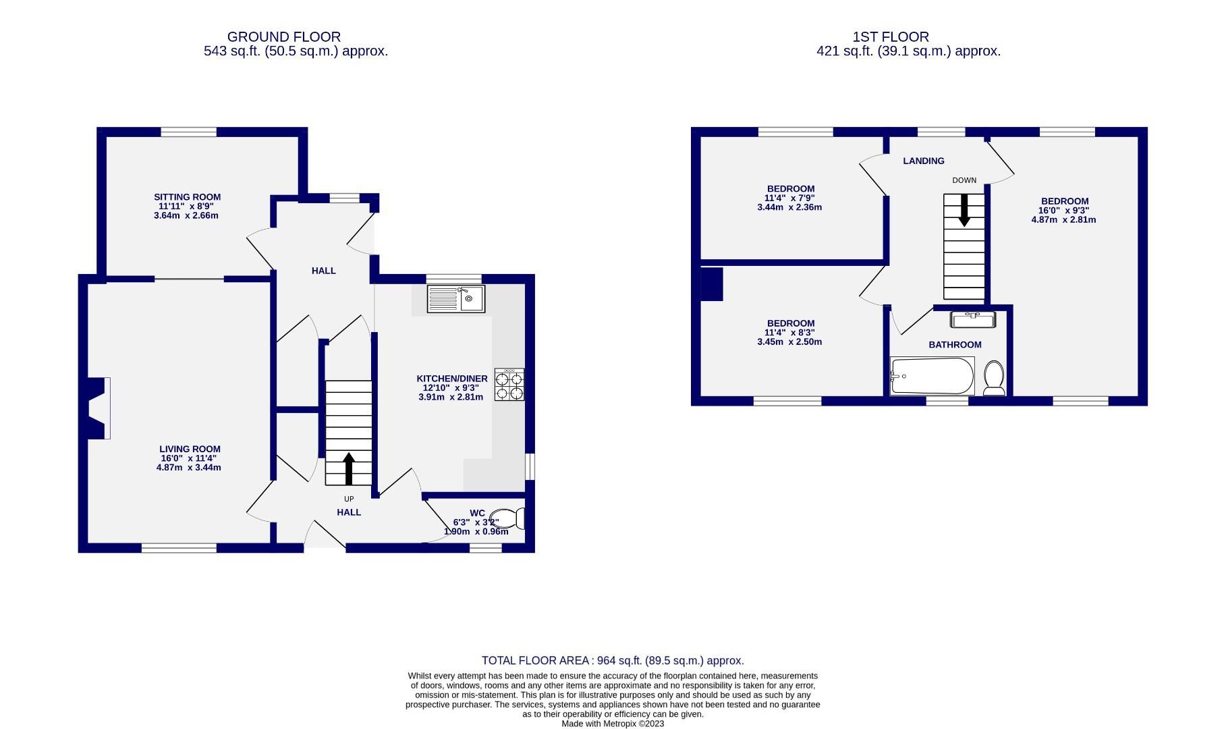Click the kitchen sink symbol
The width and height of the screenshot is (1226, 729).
pos(456,299)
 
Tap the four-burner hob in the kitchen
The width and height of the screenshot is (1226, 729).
pos(509,385)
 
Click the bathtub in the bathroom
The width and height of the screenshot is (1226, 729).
pos(932,376)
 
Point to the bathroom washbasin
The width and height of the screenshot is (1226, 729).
pos(972,319)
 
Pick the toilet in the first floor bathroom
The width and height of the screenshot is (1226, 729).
pos(994,378)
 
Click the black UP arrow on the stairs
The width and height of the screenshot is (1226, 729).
pos(349,468)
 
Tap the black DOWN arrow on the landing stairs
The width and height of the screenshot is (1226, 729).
pos(964,210)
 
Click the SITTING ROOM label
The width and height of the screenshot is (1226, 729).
pos(187,197)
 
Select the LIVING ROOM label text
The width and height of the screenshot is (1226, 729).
pos(190,449)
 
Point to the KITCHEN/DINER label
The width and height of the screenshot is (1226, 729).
pos(451,379)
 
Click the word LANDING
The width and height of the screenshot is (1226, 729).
pos(924,161)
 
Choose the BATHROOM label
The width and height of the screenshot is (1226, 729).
pos(955,345)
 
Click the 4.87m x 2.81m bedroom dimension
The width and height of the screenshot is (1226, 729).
pos(1063,219)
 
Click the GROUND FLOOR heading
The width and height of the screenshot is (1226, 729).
pos(283,37)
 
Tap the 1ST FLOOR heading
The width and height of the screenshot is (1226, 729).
pos(891,37)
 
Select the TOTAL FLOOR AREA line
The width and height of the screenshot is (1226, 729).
pos(612,661)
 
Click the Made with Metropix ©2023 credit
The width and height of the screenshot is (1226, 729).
pos(613,724)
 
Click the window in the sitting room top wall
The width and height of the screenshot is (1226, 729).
pos(188,132)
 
